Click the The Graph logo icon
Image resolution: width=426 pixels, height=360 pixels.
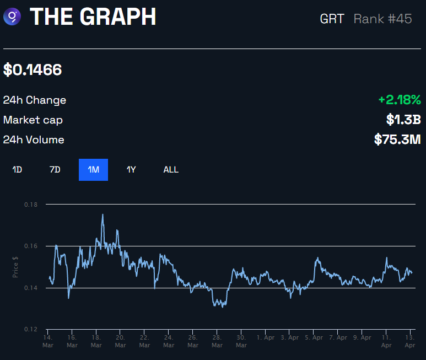[12, 17]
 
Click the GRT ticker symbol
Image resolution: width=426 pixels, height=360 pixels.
[332, 18]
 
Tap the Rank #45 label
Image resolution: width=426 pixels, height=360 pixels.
[382, 18]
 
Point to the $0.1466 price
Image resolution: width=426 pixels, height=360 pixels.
[33, 70]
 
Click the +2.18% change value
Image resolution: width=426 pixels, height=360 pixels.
[400, 100]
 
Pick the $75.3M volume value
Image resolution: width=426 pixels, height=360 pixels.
[397, 139]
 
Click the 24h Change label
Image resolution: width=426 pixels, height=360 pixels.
[35, 100]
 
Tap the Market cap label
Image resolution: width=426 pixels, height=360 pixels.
[33, 120]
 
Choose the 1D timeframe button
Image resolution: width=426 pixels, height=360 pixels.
[17, 170]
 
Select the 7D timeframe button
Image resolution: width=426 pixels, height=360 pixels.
[55, 170]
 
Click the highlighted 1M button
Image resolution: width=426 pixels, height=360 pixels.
[93, 170]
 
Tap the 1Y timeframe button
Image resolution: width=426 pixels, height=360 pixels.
[131, 170]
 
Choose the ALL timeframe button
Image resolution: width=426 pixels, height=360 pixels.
[171, 170]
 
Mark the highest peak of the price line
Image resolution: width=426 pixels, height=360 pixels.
[103, 214]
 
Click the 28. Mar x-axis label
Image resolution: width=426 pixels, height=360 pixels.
[217, 340]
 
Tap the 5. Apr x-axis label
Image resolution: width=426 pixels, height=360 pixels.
[314, 337]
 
